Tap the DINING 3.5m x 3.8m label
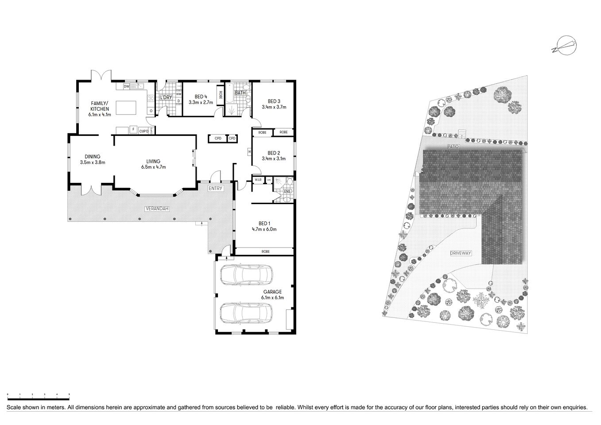[x=93, y=159]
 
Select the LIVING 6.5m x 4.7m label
[x=153, y=164]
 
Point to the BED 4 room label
[x=201, y=99]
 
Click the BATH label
[x=240, y=93]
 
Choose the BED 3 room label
[x=274, y=104]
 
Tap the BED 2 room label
[x=274, y=156]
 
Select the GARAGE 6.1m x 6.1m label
[x=272, y=295]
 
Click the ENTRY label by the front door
[x=217, y=189]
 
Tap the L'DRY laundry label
[x=166, y=97]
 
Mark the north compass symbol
[x=564, y=46]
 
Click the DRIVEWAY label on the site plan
[x=461, y=253]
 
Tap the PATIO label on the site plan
[x=452, y=146]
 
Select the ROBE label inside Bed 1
[x=265, y=251]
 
